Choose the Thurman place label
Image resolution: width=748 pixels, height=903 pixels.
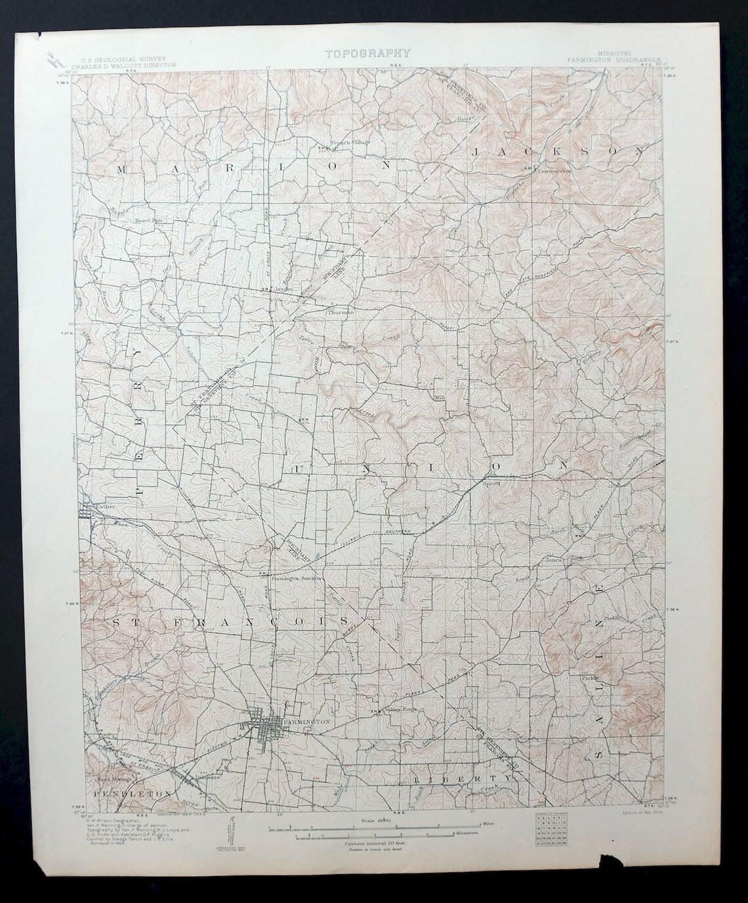point(341,313)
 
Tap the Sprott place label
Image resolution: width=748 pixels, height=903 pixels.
point(491,483)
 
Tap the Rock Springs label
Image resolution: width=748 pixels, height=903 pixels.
point(115,779)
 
